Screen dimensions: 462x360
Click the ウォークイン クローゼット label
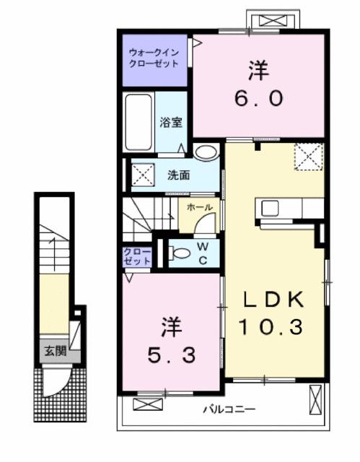click(153, 58)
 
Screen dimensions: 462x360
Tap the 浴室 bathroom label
click(170, 122)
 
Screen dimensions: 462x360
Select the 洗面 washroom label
click(179, 175)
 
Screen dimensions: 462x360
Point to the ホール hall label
click(199, 207)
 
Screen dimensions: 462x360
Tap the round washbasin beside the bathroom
click(206, 152)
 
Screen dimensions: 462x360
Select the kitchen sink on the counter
click(270, 208)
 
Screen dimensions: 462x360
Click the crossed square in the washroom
click(140, 174)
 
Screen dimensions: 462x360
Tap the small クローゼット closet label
click(137, 256)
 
